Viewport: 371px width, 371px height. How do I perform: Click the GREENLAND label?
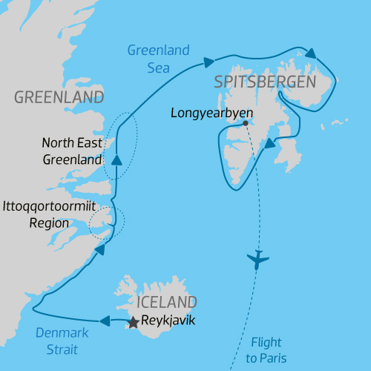coord(59,97)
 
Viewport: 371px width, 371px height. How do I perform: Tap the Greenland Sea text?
coord(158,59)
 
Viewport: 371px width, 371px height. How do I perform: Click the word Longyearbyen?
coord(212,114)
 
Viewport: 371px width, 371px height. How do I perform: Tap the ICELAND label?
coord(167,302)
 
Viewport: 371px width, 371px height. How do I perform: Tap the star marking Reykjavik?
coord(133,323)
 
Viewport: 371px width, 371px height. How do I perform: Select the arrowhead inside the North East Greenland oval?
coord(116,160)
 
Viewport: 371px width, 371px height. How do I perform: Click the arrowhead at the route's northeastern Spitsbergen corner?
coord(311,53)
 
